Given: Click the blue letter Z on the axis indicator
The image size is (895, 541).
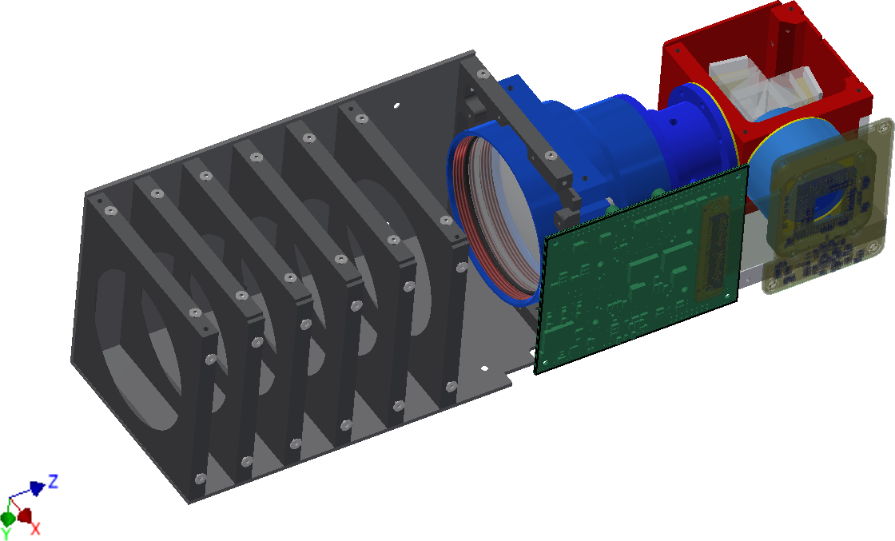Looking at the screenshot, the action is coord(53,481).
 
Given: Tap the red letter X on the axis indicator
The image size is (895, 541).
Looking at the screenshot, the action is coord(35,528).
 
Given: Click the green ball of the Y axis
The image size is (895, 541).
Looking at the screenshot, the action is coord(8,519).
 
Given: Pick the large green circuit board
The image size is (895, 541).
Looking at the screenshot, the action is coord(640,269).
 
